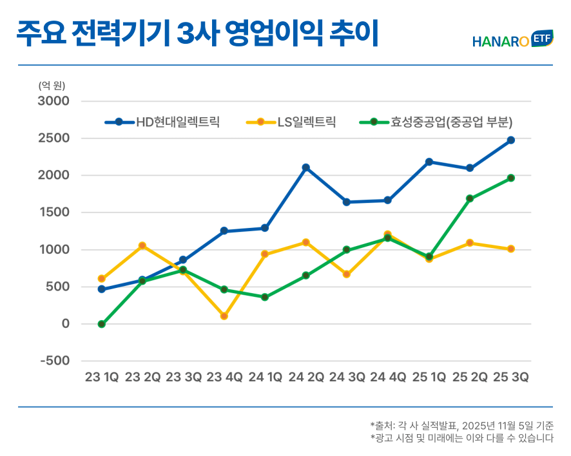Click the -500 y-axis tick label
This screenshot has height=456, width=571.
click(x=55, y=361)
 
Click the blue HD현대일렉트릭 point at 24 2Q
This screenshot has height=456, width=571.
click(x=306, y=167)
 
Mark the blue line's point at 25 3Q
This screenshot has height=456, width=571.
click(x=510, y=140)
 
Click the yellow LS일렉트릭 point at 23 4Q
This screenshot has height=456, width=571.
click(x=224, y=316)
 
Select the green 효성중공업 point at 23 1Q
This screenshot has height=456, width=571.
click(x=102, y=324)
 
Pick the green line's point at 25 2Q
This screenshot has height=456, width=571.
click(x=470, y=198)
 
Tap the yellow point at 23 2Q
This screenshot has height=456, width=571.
click(x=142, y=245)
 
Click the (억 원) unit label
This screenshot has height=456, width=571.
click(x=52, y=85)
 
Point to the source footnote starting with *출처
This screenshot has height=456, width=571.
click(x=461, y=425)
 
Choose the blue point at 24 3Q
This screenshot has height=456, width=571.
click(x=347, y=202)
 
